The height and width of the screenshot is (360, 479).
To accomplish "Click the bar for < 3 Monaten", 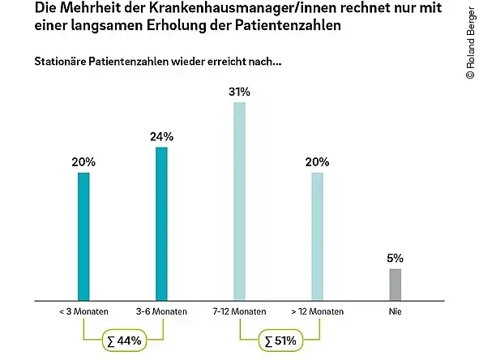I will tap(82, 236).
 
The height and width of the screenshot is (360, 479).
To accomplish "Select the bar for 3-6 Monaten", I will tap(160, 224).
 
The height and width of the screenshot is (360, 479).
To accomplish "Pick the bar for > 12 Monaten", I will tap(318, 236).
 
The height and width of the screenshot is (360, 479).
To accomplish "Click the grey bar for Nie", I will tap(395, 284).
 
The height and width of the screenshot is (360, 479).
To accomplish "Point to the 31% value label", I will tap(239, 92).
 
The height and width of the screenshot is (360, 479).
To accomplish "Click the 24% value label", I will tap(161, 137).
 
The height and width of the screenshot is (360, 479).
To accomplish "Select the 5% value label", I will tap(395, 258).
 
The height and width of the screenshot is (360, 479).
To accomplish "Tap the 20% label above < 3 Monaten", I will tap(83, 162).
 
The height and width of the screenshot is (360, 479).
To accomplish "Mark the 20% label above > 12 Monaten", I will tap(318, 162).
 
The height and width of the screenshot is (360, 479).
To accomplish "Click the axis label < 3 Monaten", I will tap(82, 311).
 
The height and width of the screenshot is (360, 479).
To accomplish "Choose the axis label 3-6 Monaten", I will tap(160, 311).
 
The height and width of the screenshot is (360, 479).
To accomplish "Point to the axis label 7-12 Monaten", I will tap(239, 311).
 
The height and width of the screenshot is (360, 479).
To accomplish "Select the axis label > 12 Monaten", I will tap(318, 311).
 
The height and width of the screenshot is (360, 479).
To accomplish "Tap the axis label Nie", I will tap(395, 311).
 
